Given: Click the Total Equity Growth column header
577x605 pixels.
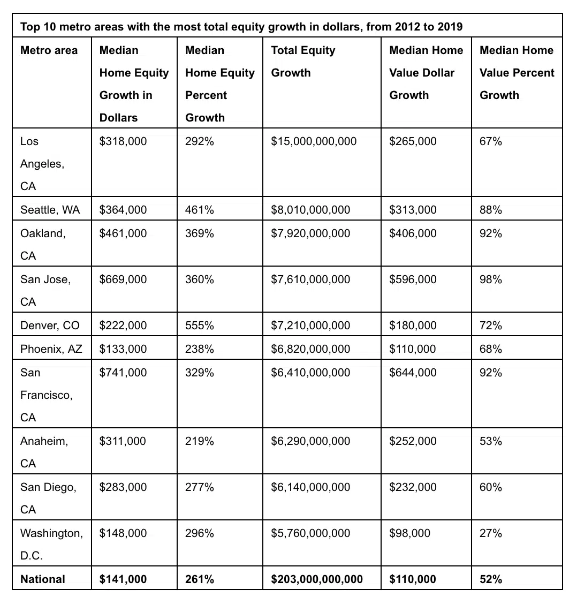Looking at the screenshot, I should (303, 61).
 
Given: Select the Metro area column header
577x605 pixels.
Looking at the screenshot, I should (49, 50).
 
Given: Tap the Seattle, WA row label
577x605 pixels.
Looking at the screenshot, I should (50, 210).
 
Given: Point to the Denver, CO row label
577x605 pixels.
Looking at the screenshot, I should (50, 326).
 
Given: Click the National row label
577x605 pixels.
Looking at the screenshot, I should (43, 579).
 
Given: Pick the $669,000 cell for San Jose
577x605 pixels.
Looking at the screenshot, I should (123, 279).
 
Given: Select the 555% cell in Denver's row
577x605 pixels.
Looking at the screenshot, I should (200, 326).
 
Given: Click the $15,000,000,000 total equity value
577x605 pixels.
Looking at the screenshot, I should (314, 141).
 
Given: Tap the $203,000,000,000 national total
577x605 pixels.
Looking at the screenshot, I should (317, 579).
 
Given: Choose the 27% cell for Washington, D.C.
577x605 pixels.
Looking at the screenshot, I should (491, 533).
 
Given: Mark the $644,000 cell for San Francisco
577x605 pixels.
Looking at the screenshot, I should (413, 373).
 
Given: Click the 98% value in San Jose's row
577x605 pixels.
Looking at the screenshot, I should (491, 279).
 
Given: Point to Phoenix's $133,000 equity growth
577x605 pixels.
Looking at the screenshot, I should (123, 349).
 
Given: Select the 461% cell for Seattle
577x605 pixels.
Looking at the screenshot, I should (200, 210).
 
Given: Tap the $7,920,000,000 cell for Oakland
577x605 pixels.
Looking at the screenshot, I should (310, 233).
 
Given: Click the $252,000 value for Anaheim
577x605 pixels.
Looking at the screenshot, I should (413, 441).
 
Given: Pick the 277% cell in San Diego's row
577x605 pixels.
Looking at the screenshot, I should (200, 487).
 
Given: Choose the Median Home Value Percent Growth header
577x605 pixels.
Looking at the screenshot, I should (517, 72).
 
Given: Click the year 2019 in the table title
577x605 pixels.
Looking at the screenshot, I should (450, 26).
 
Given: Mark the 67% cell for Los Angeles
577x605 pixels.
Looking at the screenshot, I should (491, 141).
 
